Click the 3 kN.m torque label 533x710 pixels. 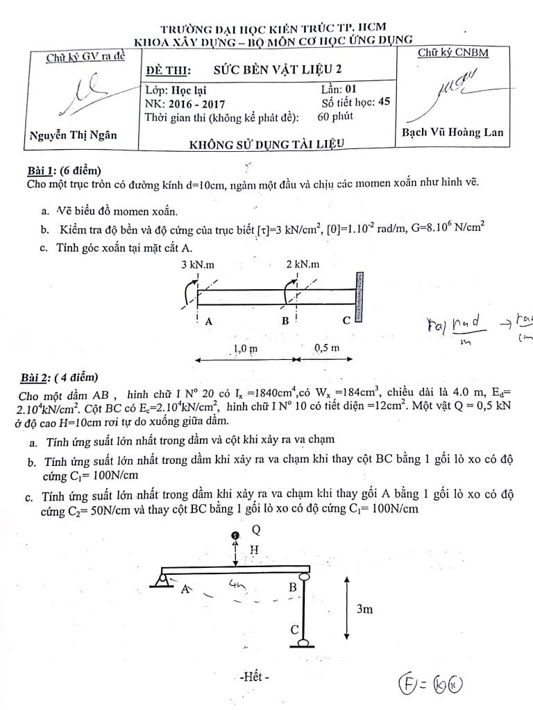pos(197,264)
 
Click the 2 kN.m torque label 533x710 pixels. pos(302,264)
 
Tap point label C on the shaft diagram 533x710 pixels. pos(346,321)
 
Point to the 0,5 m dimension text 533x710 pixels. pos(325,347)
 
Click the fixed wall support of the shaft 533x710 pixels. pos(359,297)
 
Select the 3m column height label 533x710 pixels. pos(365,609)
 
